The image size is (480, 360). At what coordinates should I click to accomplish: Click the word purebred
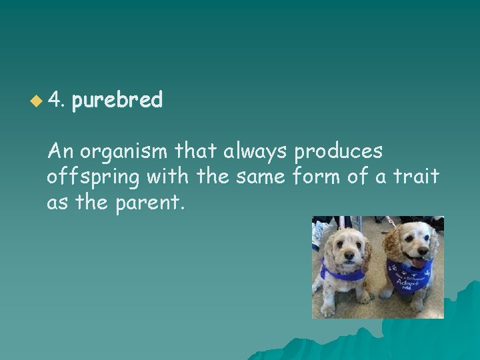click(117, 101)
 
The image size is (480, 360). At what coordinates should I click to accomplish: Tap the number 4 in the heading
click(56, 101)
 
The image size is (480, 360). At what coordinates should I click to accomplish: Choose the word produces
click(338, 152)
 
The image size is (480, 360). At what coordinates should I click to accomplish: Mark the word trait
click(416, 177)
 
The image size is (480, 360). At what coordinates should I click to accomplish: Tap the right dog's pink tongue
click(418, 263)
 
